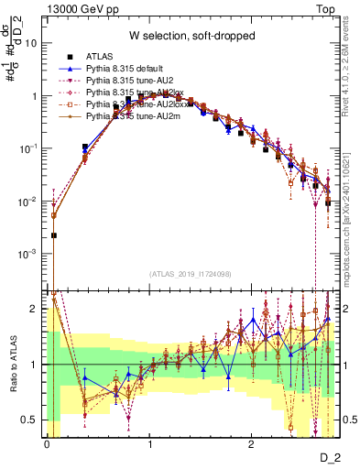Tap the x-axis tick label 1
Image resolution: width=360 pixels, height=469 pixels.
point(149,443)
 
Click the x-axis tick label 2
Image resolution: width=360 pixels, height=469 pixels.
point(251,443)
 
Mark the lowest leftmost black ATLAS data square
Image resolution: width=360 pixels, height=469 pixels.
point(53,235)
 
